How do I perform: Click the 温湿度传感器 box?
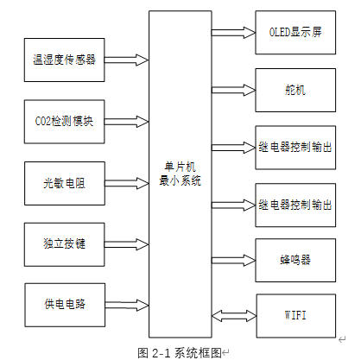(x=65, y=60)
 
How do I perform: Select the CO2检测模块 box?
(x=65, y=122)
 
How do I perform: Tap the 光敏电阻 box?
(x=65, y=183)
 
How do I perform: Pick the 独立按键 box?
(x=65, y=244)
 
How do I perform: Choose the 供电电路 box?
(x=65, y=305)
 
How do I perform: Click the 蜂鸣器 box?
(x=295, y=258)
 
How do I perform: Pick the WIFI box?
(x=295, y=315)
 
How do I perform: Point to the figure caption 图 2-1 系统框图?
(x=180, y=351)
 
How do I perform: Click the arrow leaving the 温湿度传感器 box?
(x=126, y=60)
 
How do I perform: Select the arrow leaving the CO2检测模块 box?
(x=126, y=122)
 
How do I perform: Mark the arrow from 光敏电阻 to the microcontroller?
(x=126, y=183)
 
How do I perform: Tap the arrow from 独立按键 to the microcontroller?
(x=126, y=244)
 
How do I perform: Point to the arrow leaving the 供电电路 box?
(x=126, y=305)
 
